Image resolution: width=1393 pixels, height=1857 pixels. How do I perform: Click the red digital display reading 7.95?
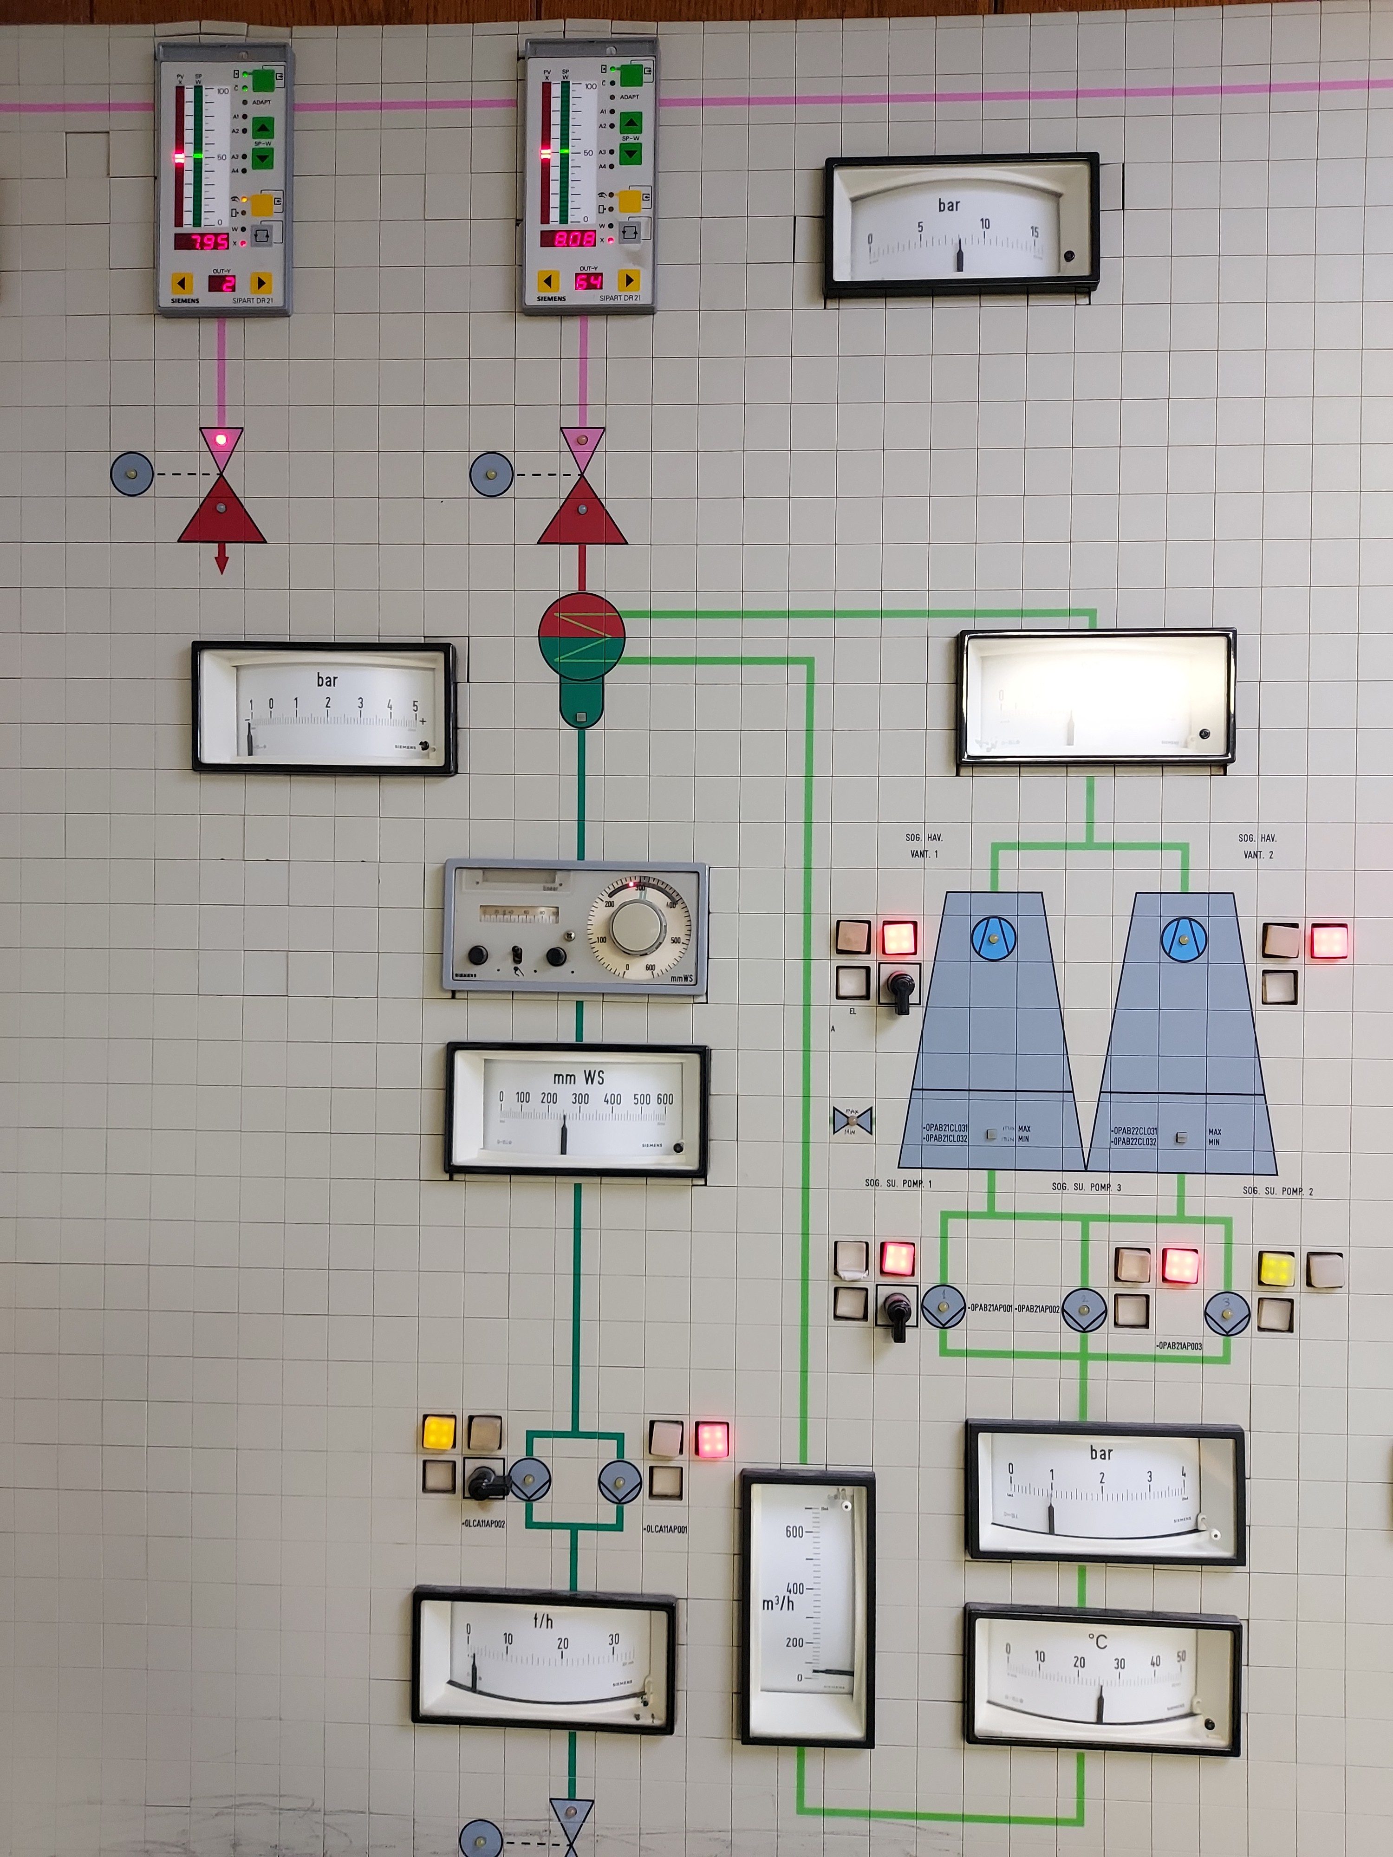coord(202,242)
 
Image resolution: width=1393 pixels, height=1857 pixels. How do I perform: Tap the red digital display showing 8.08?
coord(568,239)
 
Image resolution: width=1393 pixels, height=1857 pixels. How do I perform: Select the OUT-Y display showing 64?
coord(588,281)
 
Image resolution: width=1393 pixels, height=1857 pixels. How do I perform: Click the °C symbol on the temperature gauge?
coord(1097,1641)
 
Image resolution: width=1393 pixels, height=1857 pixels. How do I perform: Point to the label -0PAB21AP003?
coord(1179,1346)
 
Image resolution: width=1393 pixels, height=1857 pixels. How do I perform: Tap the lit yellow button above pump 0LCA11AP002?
coord(438,1432)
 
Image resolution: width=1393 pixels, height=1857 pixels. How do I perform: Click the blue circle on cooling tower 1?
coord(993,938)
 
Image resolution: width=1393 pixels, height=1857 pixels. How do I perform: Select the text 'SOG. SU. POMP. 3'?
coord(1086,1187)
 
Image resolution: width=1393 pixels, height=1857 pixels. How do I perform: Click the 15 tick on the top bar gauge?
coord(1034,232)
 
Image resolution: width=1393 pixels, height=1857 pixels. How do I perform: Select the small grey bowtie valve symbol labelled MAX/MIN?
coord(852,1120)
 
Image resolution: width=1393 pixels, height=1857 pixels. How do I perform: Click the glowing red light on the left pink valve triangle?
coord(221,439)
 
